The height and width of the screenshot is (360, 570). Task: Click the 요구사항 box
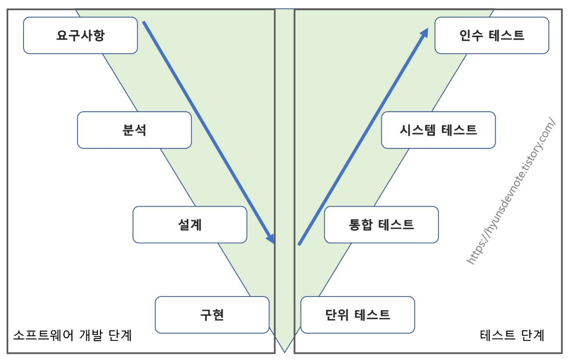point(80,35)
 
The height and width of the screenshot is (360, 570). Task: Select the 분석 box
point(134,130)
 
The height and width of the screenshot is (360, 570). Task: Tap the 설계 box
point(190,225)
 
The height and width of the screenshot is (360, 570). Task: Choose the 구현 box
point(212,315)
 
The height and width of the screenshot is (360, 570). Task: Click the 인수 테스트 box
point(491,35)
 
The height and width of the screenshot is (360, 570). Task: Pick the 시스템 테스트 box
point(438,130)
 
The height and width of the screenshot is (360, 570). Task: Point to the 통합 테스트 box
point(381,225)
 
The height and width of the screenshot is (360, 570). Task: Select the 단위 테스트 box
point(358,315)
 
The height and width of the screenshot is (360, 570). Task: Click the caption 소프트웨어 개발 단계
point(72,335)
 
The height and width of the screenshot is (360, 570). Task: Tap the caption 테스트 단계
point(512,335)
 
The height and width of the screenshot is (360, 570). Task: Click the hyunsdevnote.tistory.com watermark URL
point(511,191)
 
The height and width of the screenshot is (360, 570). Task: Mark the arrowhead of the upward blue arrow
point(425,32)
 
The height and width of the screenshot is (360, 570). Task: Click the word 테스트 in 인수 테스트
point(506,35)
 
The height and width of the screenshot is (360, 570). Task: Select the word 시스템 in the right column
point(417,130)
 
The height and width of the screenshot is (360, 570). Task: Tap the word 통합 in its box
point(361,225)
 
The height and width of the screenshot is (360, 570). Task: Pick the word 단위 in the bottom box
point(337,315)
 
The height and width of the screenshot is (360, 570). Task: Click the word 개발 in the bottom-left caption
point(91,335)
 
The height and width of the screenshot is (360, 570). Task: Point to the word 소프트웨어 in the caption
point(43,335)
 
